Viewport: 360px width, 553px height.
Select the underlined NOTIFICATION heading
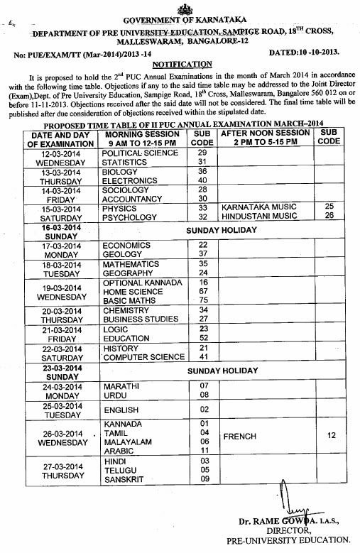(x=180, y=63)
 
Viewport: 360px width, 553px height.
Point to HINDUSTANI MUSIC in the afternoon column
(x=258, y=217)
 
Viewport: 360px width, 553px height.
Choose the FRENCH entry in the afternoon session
(x=239, y=436)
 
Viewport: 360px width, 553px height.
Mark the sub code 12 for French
(x=331, y=436)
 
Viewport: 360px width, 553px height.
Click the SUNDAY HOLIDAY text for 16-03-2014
(x=222, y=231)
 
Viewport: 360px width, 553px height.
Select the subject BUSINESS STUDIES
(x=140, y=319)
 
